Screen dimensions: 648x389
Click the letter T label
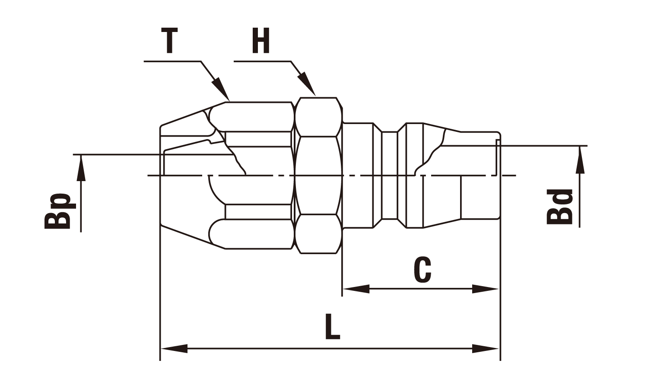[x=169, y=41]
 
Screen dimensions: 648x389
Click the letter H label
[x=261, y=41]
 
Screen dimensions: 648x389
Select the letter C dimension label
[x=422, y=270]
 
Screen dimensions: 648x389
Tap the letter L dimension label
[x=332, y=326]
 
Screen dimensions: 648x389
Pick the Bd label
[x=559, y=207]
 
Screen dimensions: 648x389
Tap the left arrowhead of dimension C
[x=356, y=289]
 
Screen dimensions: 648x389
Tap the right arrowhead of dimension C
[x=485, y=289]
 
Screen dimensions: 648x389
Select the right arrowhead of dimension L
[x=485, y=348]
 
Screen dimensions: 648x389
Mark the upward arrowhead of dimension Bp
[x=81, y=168]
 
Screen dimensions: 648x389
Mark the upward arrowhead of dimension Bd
[x=580, y=159]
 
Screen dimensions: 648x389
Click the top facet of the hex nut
[x=318, y=117]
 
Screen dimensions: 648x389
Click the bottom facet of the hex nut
[x=318, y=234]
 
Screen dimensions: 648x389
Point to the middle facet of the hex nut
[x=318, y=175]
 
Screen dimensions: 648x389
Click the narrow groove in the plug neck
[x=390, y=175]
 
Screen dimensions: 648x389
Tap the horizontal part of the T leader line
[x=172, y=61]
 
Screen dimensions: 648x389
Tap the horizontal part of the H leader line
[x=262, y=61]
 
